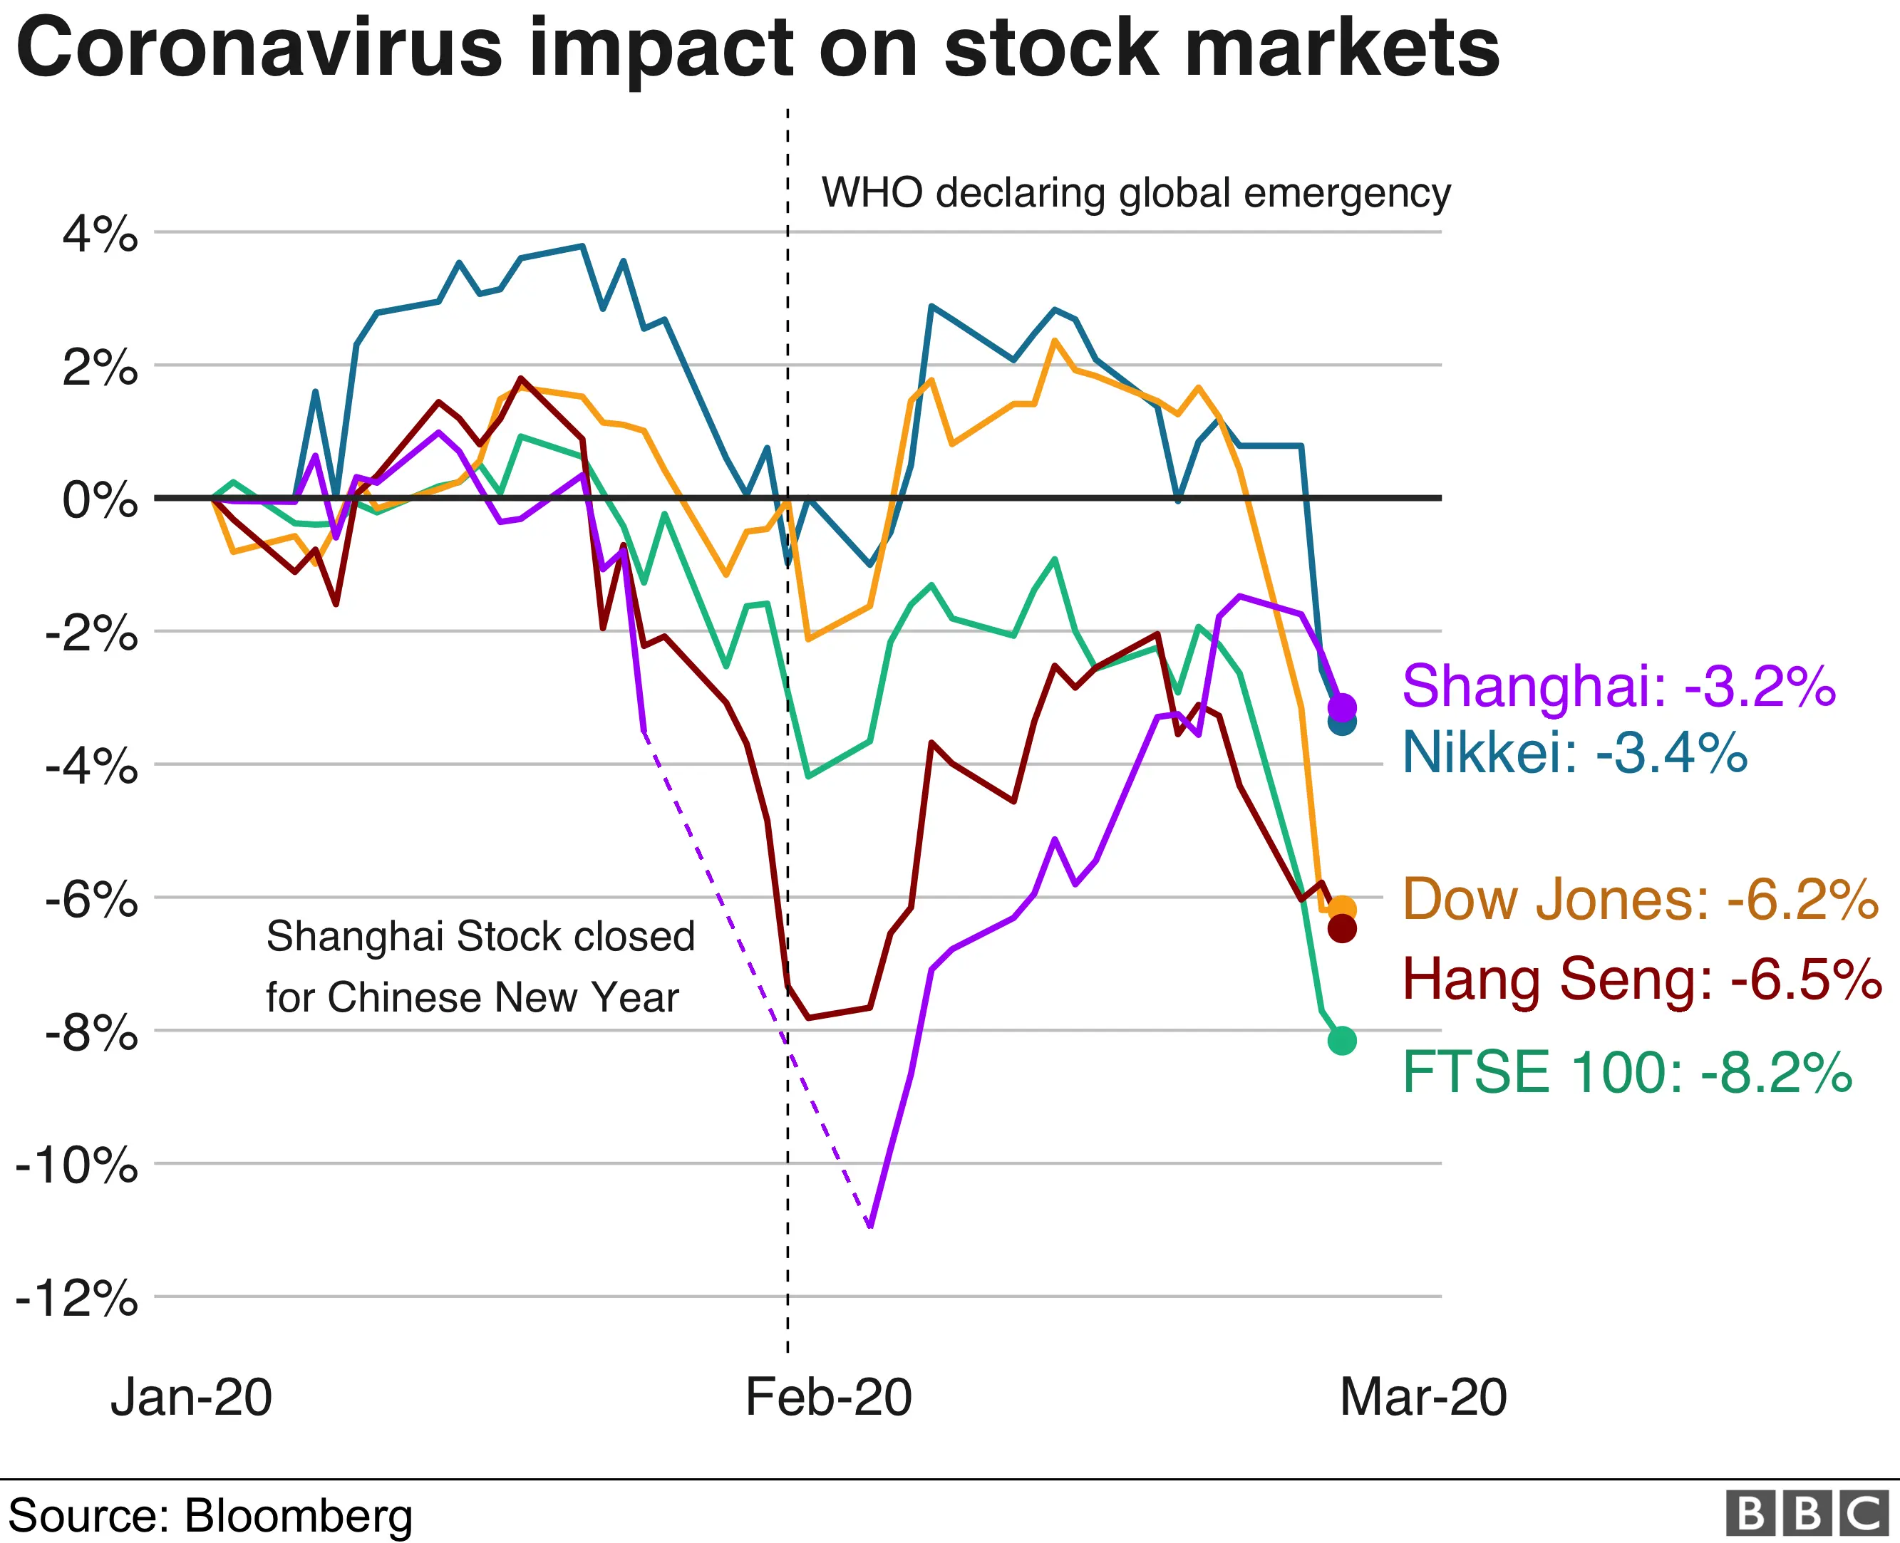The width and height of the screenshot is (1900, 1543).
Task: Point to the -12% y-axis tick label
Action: pyautogui.click(x=78, y=1299)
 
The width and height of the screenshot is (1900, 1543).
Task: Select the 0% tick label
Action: pyautogui.click(x=100, y=500)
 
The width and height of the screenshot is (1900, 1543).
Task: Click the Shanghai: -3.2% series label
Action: pyautogui.click(x=1618, y=686)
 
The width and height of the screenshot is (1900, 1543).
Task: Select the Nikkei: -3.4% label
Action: pyautogui.click(x=1574, y=753)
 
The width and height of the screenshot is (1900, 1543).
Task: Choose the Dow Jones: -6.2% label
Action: pyautogui.click(x=1641, y=900)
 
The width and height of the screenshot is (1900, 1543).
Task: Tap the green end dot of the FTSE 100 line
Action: pyautogui.click(x=1342, y=1041)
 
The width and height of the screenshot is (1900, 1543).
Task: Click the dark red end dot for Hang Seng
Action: pyautogui.click(x=1342, y=930)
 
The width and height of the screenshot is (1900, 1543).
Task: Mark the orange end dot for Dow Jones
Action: pyautogui.click(x=1342, y=908)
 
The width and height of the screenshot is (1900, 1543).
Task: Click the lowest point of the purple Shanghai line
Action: pyautogui.click(x=869, y=1227)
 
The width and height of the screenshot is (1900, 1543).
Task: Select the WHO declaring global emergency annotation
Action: pyautogui.click(x=1135, y=193)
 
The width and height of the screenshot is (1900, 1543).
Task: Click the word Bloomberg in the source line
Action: pyautogui.click(x=299, y=1515)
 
